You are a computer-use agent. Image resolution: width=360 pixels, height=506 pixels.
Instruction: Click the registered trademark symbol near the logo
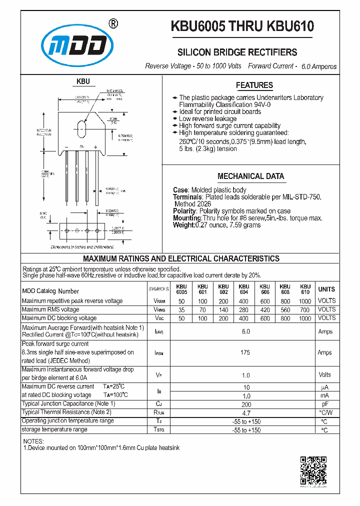point(113,23)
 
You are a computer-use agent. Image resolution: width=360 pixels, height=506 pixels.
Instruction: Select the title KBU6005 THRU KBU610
point(242,26)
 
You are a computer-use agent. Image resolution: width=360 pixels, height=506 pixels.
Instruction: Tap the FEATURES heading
point(254,85)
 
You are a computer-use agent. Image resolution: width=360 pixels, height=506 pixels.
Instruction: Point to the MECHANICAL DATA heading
point(250,176)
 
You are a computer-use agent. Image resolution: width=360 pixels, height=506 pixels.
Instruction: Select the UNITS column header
point(326,289)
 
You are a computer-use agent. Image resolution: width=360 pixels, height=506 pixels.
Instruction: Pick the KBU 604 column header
point(243,289)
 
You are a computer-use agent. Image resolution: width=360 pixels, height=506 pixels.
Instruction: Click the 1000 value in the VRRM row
point(304,301)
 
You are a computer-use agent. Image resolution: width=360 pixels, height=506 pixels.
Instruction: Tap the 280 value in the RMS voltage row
point(243,309)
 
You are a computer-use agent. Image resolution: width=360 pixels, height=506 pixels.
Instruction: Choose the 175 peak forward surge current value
point(245,352)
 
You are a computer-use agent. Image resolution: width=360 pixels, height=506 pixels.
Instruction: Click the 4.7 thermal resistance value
point(245,413)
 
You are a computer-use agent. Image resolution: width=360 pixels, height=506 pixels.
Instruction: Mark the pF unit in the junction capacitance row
point(324,404)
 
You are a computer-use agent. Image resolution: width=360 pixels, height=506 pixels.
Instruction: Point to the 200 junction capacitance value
point(245,404)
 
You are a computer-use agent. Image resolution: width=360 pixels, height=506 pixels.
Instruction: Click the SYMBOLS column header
point(158,289)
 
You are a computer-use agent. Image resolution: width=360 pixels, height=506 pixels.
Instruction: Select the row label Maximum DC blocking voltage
point(59,318)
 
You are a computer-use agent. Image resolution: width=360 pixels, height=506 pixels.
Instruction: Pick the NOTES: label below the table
point(33,441)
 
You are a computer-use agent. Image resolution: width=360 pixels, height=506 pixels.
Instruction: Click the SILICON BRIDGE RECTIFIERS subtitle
point(237,52)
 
